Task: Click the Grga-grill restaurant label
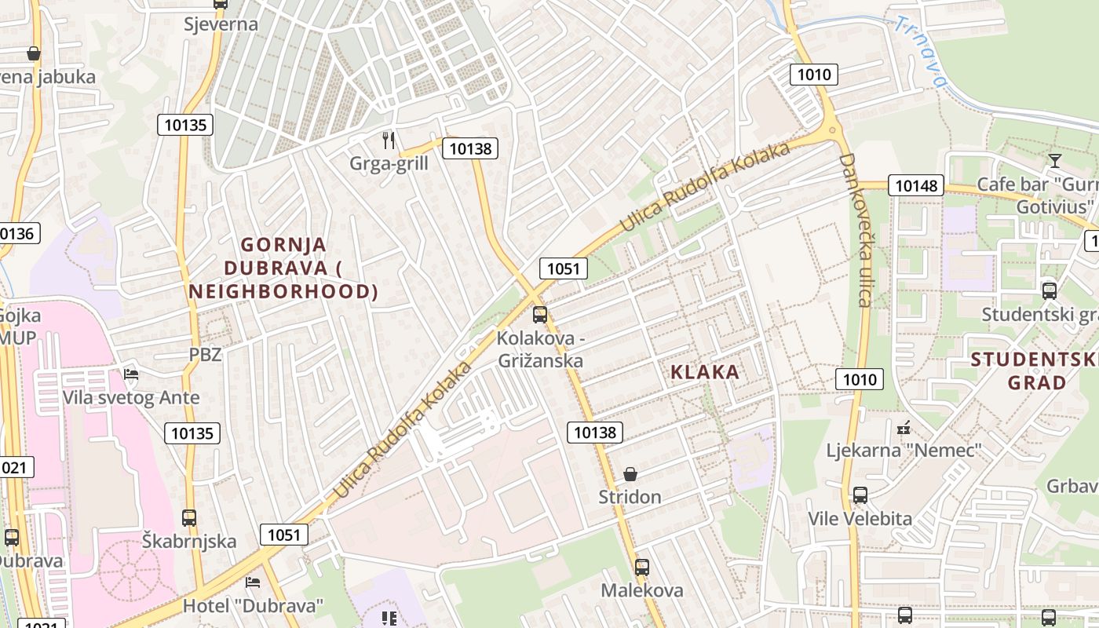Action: [x=389, y=163]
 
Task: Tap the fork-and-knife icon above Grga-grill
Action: [x=389, y=141]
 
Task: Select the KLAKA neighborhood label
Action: [x=705, y=372]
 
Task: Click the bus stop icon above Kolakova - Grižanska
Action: [x=540, y=315]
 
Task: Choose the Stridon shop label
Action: [x=630, y=497]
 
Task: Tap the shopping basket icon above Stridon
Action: [x=630, y=474]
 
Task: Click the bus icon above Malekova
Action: [x=642, y=567]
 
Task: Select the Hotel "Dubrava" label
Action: [x=253, y=606]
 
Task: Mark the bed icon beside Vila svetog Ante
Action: [x=131, y=374]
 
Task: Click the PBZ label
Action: [x=205, y=354]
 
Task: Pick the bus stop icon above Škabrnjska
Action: [x=189, y=518]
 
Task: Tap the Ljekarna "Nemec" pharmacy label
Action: [x=904, y=451]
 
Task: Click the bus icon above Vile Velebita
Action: [x=860, y=495]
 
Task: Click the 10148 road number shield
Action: [x=916, y=185]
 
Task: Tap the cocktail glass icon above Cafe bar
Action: [x=1054, y=161]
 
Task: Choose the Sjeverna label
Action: [x=221, y=24]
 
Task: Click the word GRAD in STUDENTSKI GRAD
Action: [x=1037, y=383]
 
